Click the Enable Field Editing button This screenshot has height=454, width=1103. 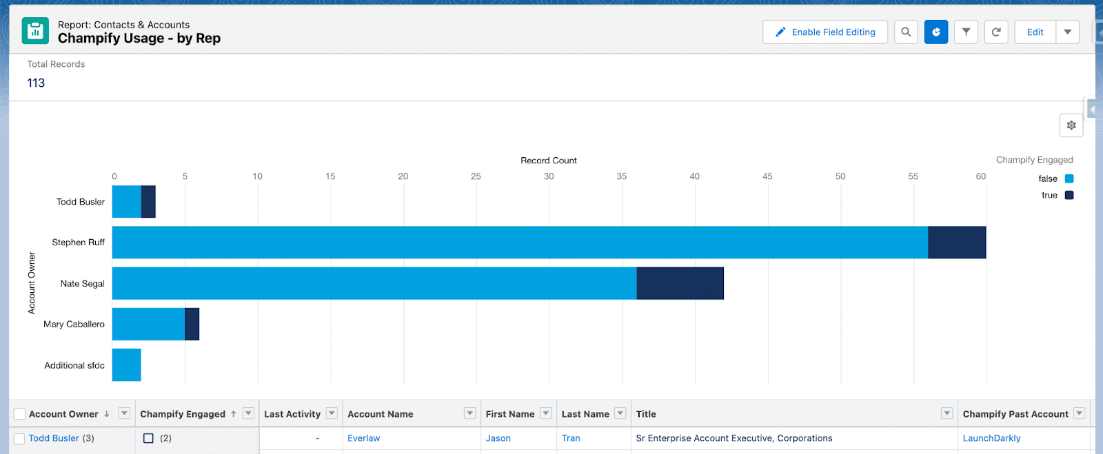coord(824,32)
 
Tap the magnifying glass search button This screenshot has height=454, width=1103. coord(906,32)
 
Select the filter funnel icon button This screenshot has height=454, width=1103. coord(966,32)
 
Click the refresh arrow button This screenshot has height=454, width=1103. coord(996,32)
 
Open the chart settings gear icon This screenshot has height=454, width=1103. coord(1071,125)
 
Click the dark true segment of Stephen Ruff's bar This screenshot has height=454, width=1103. coord(957,243)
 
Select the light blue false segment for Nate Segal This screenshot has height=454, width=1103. coord(374,283)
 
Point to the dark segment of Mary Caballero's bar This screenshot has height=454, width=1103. coord(192,324)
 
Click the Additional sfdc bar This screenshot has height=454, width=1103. coord(127,365)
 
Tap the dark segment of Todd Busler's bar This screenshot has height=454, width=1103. coord(148,202)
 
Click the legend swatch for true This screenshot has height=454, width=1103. coord(1069,195)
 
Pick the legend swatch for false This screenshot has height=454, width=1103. coord(1069,178)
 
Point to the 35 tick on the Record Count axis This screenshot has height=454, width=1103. coord(622,176)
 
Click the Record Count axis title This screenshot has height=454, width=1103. coord(548,161)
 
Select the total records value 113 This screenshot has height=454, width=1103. coord(36,83)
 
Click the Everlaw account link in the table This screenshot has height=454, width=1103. coord(363,438)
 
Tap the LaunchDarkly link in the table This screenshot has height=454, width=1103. coord(991,438)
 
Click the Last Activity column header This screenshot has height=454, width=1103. coord(292,414)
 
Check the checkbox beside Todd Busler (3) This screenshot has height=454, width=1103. coord(19,439)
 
